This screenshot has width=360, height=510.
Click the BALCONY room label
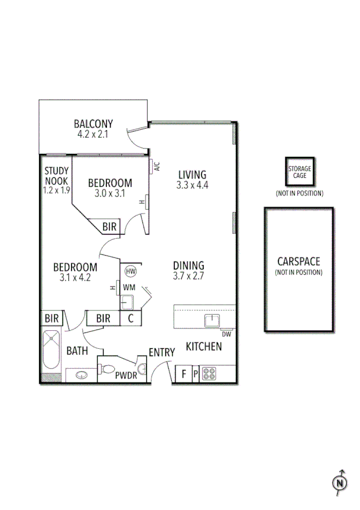[x=93, y=124]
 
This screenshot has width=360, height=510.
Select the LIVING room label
[x=192, y=175]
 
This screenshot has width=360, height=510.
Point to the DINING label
[x=189, y=265]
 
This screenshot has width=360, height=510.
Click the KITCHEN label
[x=204, y=346]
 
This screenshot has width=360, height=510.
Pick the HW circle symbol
[x=130, y=271]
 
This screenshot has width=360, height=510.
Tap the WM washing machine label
[x=129, y=288]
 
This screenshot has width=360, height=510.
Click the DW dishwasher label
[x=226, y=334]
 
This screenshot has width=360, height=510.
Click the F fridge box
[x=184, y=375]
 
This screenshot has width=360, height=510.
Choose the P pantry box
[x=195, y=375]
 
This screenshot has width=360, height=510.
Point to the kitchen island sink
[x=212, y=320]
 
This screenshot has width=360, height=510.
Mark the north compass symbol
[x=340, y=481]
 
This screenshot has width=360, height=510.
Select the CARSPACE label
[x=299, y=262]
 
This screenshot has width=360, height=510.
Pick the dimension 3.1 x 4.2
[x=75, y=278]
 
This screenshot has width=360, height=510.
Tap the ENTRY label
[x=162, y=352]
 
